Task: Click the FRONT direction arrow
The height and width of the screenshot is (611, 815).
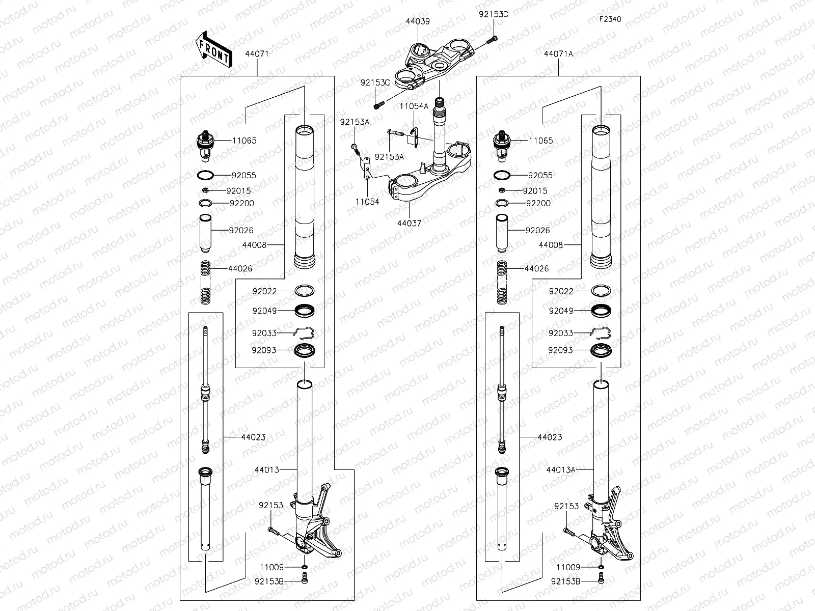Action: pyautogui.click(x=213, y=49)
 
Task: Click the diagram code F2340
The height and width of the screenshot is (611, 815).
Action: pyautogui.click(x=610, y=19)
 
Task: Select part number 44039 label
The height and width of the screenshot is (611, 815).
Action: pyautogui.click(x=417, y=21)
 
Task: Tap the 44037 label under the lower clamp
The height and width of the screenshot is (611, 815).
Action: pyautogui.click(x=409, y=223)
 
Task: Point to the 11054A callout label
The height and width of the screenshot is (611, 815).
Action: pyautogui.click(x=414, y=106)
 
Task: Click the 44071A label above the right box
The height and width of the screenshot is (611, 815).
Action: pyautogui.click(x=558, y=53)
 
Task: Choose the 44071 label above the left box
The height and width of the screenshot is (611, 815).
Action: pyautogui.click(x=257, y=53)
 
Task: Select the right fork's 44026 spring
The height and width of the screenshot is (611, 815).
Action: pyautogui.click(x=502, y=283)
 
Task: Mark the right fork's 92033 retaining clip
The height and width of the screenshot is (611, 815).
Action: pyautogui.click(x=601, y=333)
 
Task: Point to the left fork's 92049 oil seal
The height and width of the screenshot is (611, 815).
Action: pyautogui.click(x=305, y=311)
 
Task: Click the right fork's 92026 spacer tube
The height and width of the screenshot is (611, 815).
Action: pyautogui.click(x=502, y=233)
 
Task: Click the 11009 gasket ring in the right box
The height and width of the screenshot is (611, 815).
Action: pyautogui.click(x=601, y=567)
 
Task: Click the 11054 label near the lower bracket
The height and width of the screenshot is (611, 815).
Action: pyautogui.click(x=367, y=202)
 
